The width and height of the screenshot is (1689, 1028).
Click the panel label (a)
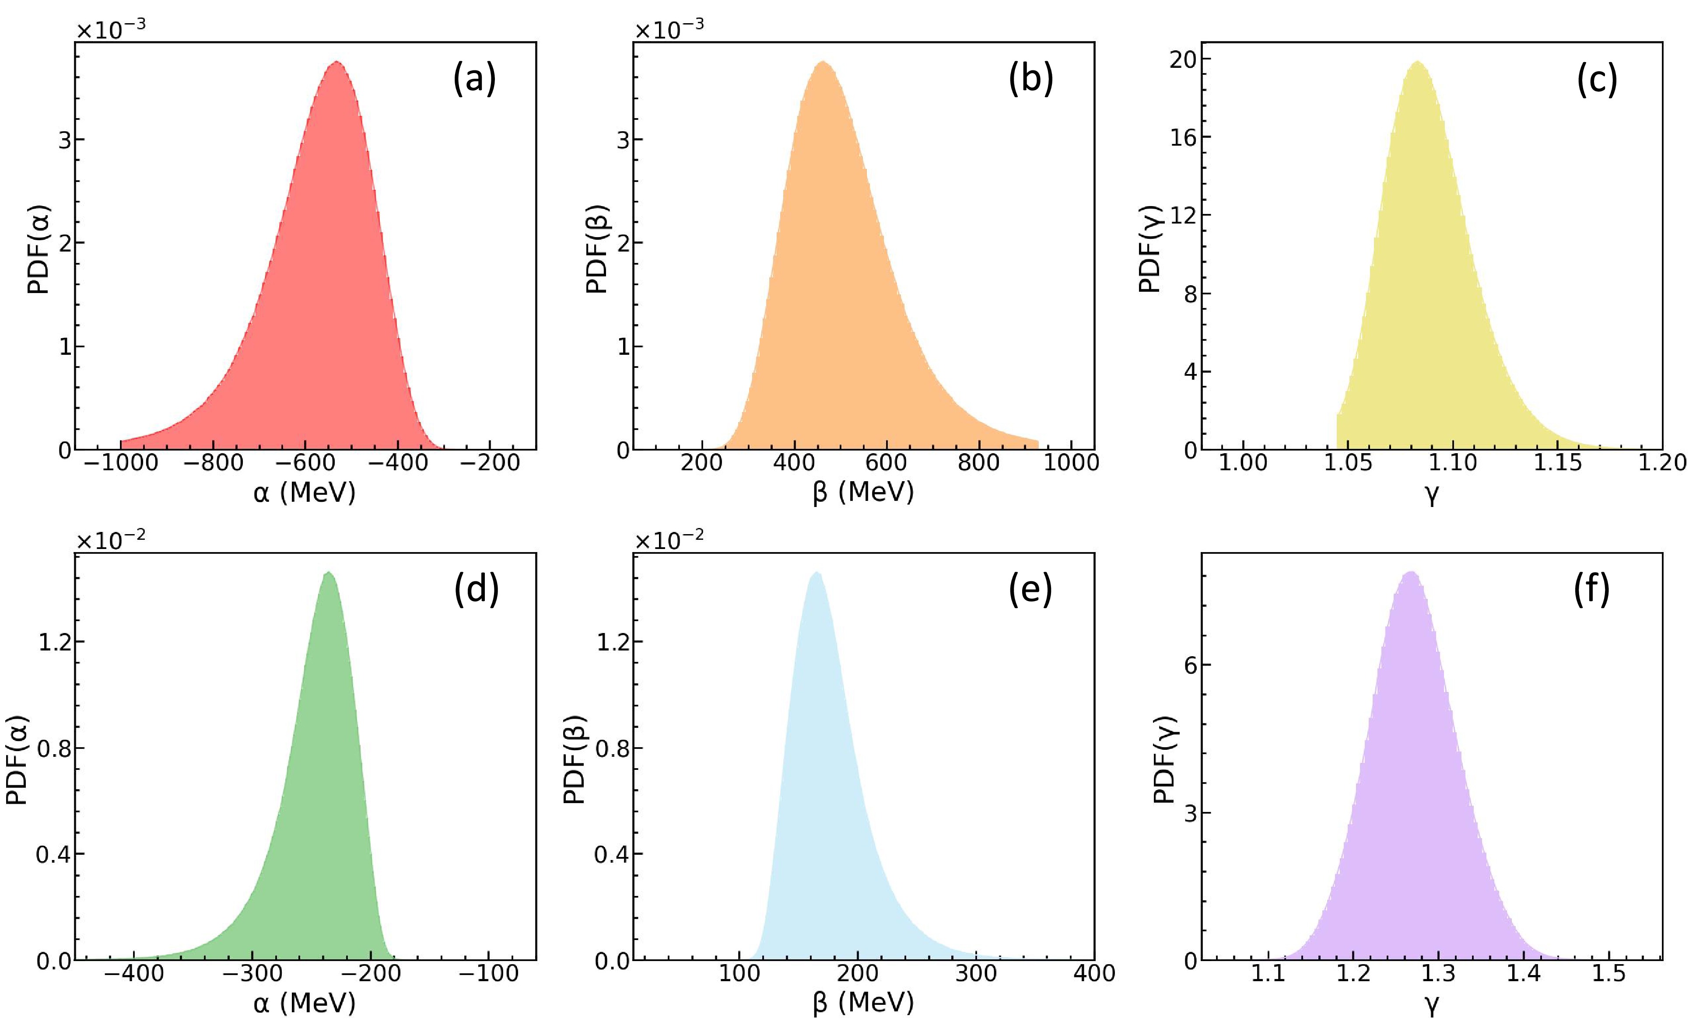pos(474,80)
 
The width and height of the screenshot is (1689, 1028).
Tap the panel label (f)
pos(1591,590)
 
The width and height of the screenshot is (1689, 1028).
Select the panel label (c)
pos(1597,80)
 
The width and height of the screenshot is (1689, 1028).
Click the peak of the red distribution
pos(336,63)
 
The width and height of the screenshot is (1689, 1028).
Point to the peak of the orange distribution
pos(823,63)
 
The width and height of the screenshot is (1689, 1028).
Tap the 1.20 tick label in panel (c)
pos(1661,463)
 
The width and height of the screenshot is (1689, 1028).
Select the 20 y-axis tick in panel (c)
pos(1182,59)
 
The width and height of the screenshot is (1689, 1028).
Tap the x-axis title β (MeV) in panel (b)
pos(863,492)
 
